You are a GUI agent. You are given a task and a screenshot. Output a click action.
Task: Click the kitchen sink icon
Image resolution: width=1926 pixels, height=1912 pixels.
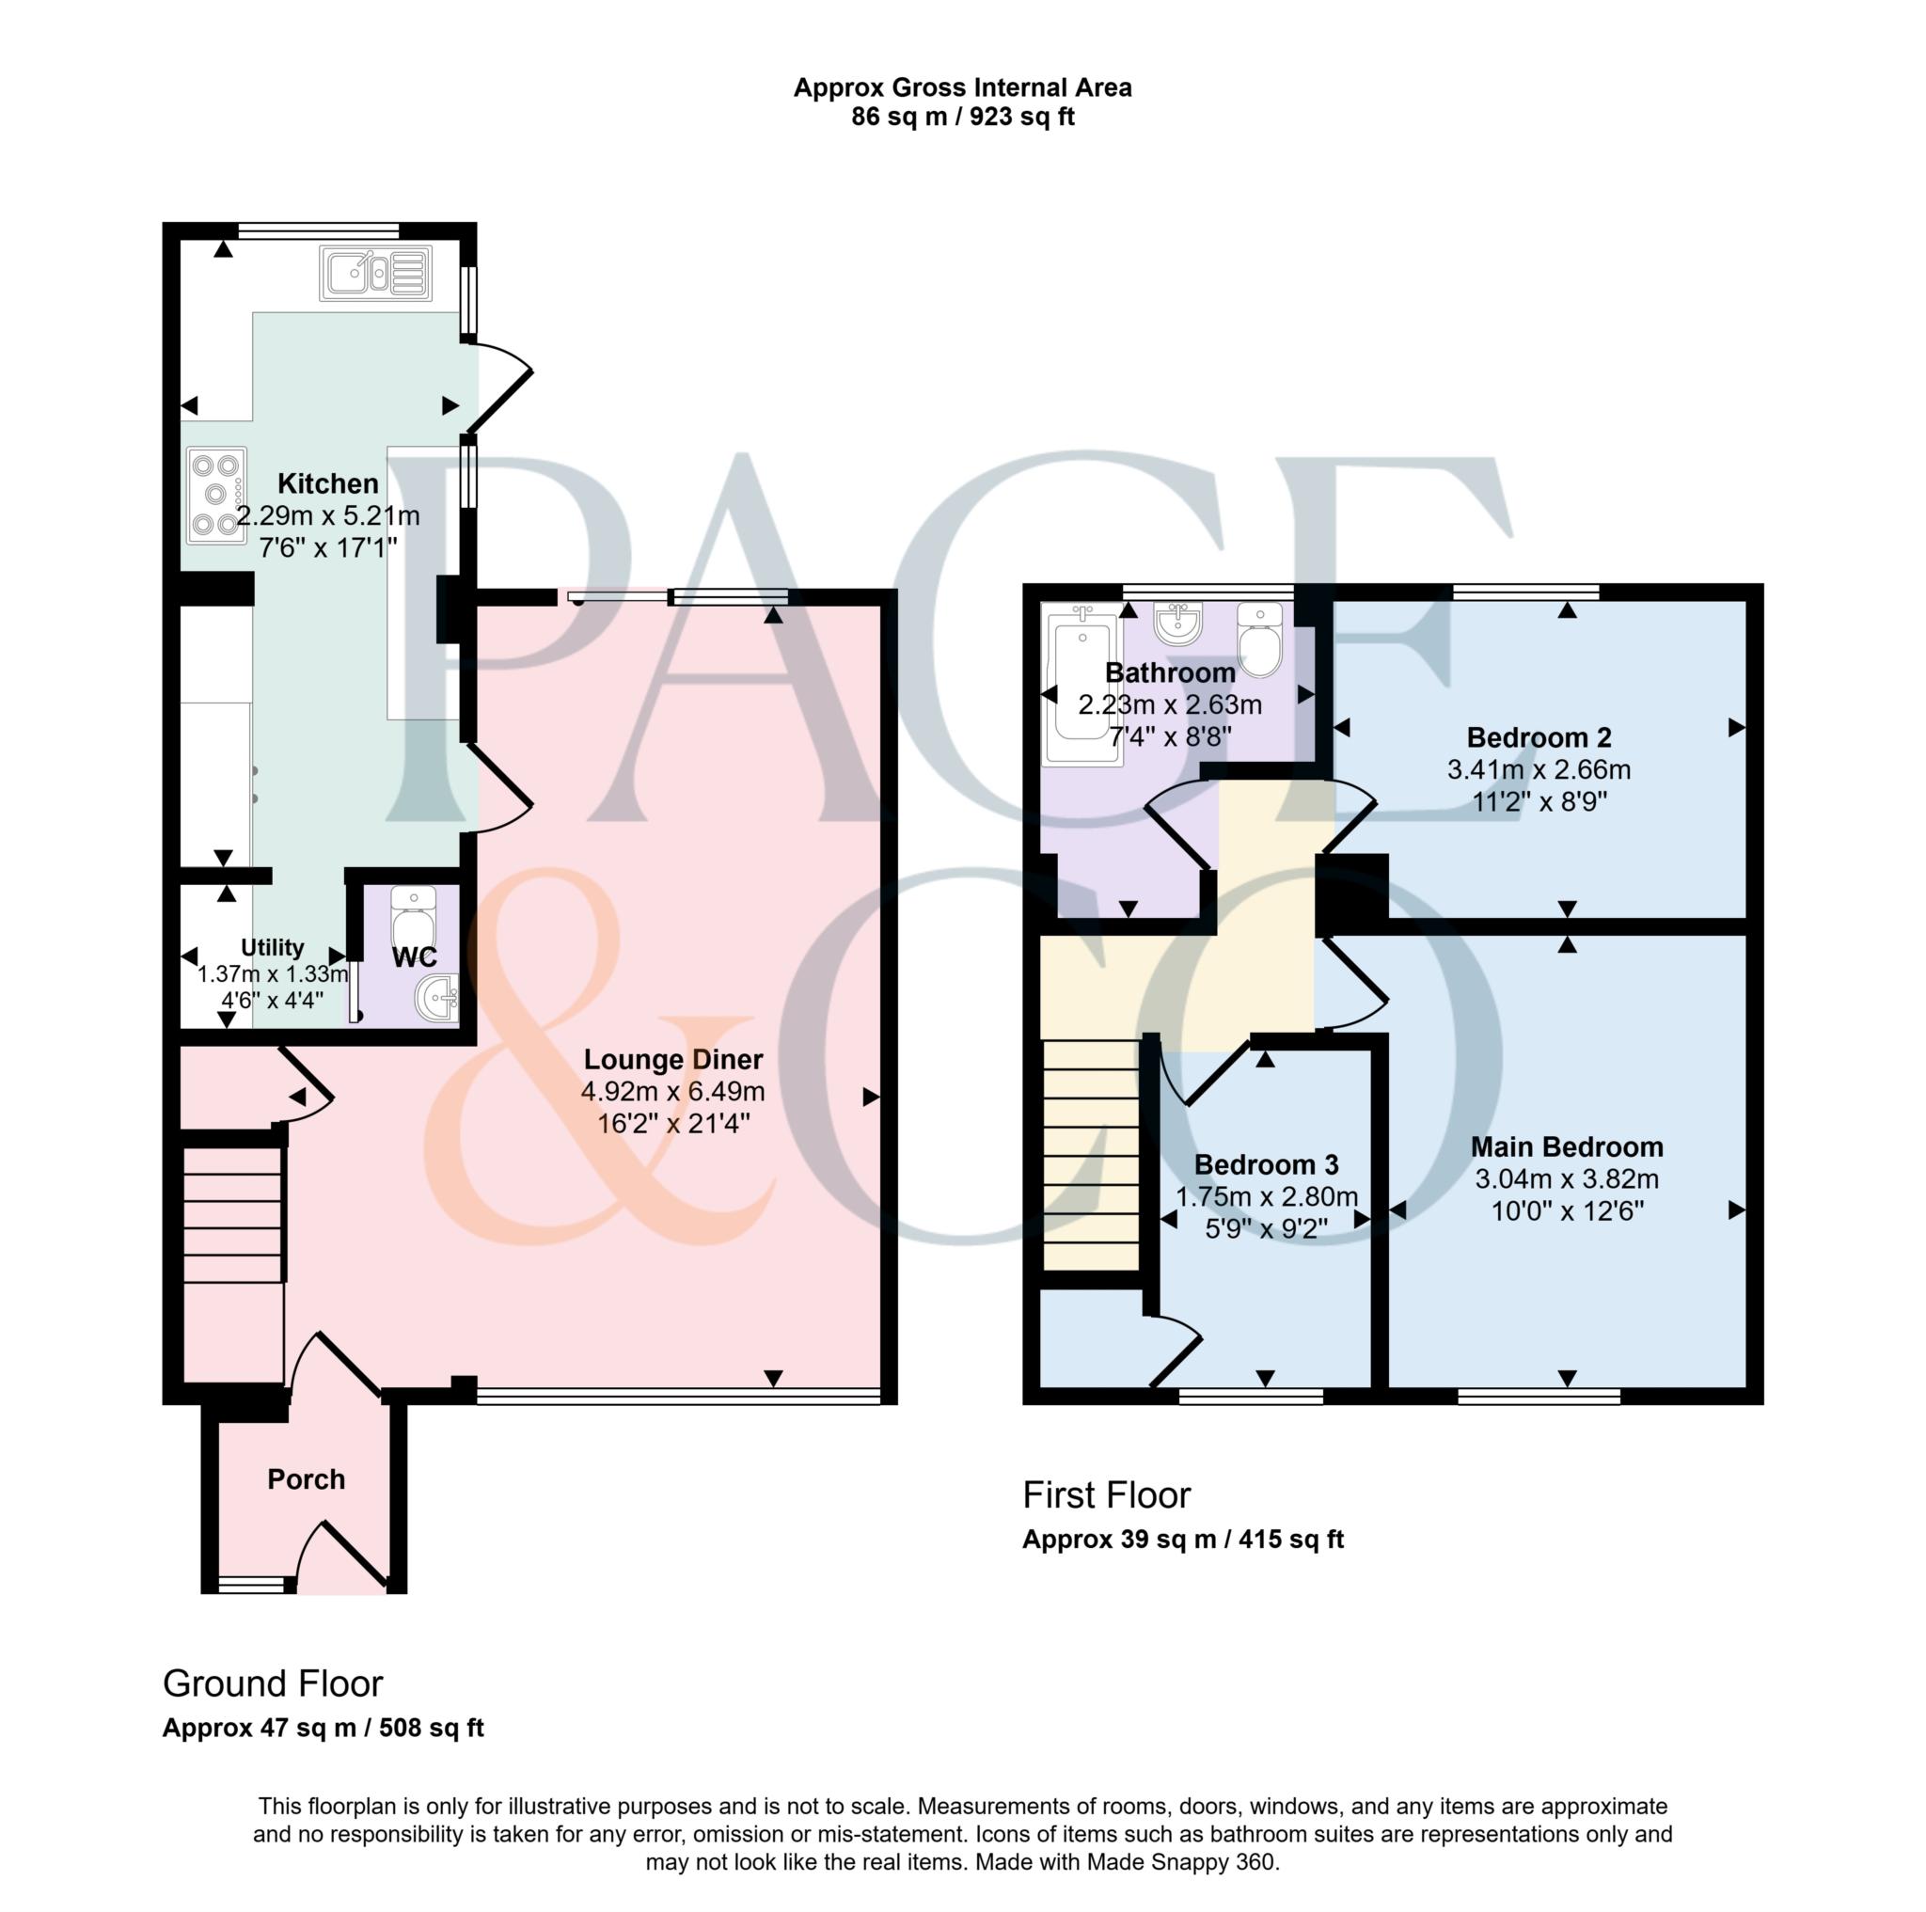coord(376,273)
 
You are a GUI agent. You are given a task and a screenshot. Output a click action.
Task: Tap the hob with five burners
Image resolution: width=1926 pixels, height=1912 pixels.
coord(217,495)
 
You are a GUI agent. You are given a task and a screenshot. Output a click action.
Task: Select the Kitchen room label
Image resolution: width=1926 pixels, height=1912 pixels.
coord(328,484)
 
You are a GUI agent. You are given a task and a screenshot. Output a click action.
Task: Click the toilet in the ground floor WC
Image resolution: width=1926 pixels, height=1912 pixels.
coord(413,918)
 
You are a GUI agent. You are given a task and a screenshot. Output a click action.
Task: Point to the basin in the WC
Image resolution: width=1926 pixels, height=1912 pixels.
coord(437,998)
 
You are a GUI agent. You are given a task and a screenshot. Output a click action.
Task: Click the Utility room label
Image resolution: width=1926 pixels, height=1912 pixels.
coord(272,947)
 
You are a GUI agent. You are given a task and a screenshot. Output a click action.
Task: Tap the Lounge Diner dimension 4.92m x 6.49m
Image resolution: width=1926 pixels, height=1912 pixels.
coord(674,1092)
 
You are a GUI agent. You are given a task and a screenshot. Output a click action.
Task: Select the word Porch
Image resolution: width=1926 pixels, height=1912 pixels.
coord(306,1479)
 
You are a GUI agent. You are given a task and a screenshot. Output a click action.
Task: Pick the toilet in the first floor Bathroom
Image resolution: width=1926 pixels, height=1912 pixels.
coord(1260,640)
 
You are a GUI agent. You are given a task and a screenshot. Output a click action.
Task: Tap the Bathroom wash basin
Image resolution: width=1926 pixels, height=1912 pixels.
coord(1179,623)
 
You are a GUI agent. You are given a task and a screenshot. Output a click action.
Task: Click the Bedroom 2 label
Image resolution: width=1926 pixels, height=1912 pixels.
coord(1539,737)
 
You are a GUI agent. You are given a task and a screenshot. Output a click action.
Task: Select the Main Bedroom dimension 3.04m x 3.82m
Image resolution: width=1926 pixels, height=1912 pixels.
coord(1567,1179)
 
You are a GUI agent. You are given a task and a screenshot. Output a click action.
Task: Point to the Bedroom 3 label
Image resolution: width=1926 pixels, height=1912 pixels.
coord(1266,1164)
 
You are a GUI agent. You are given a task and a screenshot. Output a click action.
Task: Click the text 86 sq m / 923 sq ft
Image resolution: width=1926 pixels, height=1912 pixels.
coord(963,117)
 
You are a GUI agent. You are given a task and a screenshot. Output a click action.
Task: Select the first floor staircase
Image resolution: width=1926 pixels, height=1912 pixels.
coord(1091,1154)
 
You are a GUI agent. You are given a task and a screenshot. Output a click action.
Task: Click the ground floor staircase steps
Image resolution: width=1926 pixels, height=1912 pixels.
coord(232,1215)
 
